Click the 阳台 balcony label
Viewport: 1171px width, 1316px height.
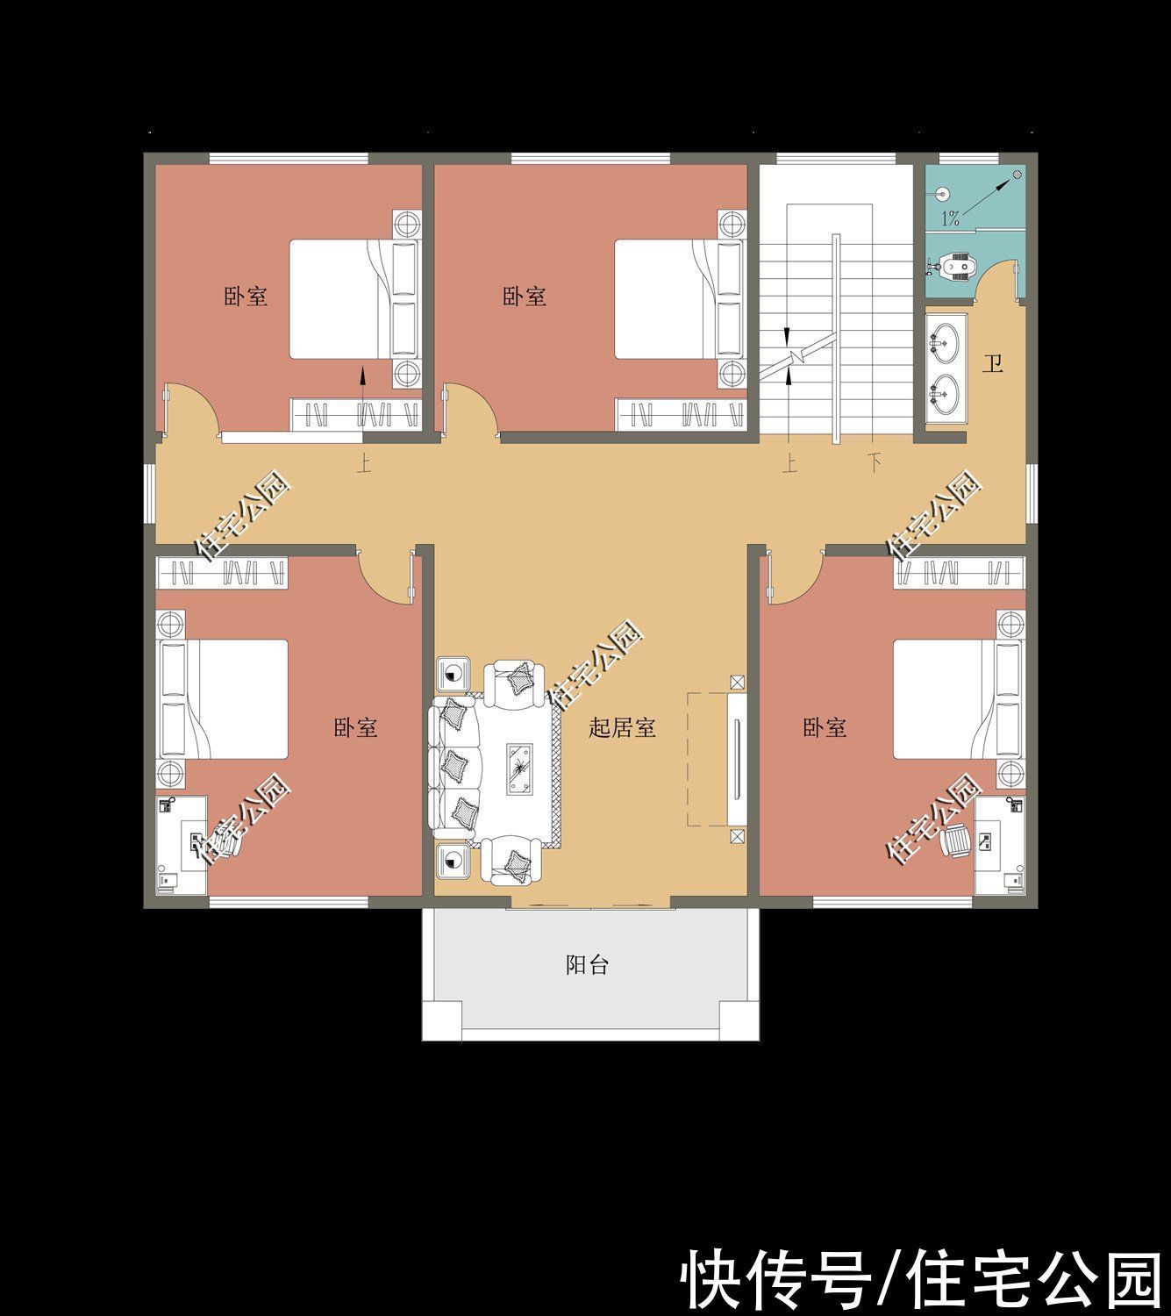click(587, 966)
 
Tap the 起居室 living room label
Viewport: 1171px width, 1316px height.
click(622, 727)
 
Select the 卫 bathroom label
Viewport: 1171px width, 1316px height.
click(992, 363)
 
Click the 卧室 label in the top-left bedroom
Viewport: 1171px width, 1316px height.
click(246, 297)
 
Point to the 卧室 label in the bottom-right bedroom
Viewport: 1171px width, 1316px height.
click(825, 727)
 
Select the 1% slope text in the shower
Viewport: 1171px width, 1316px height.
click(951, 218)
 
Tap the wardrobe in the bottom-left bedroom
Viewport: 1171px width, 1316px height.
click(223, 573)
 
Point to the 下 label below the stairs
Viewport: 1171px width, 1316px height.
click(875, 462)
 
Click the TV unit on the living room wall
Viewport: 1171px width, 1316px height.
click(735, 759)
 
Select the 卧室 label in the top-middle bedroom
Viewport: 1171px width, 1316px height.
click(525, 297)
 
